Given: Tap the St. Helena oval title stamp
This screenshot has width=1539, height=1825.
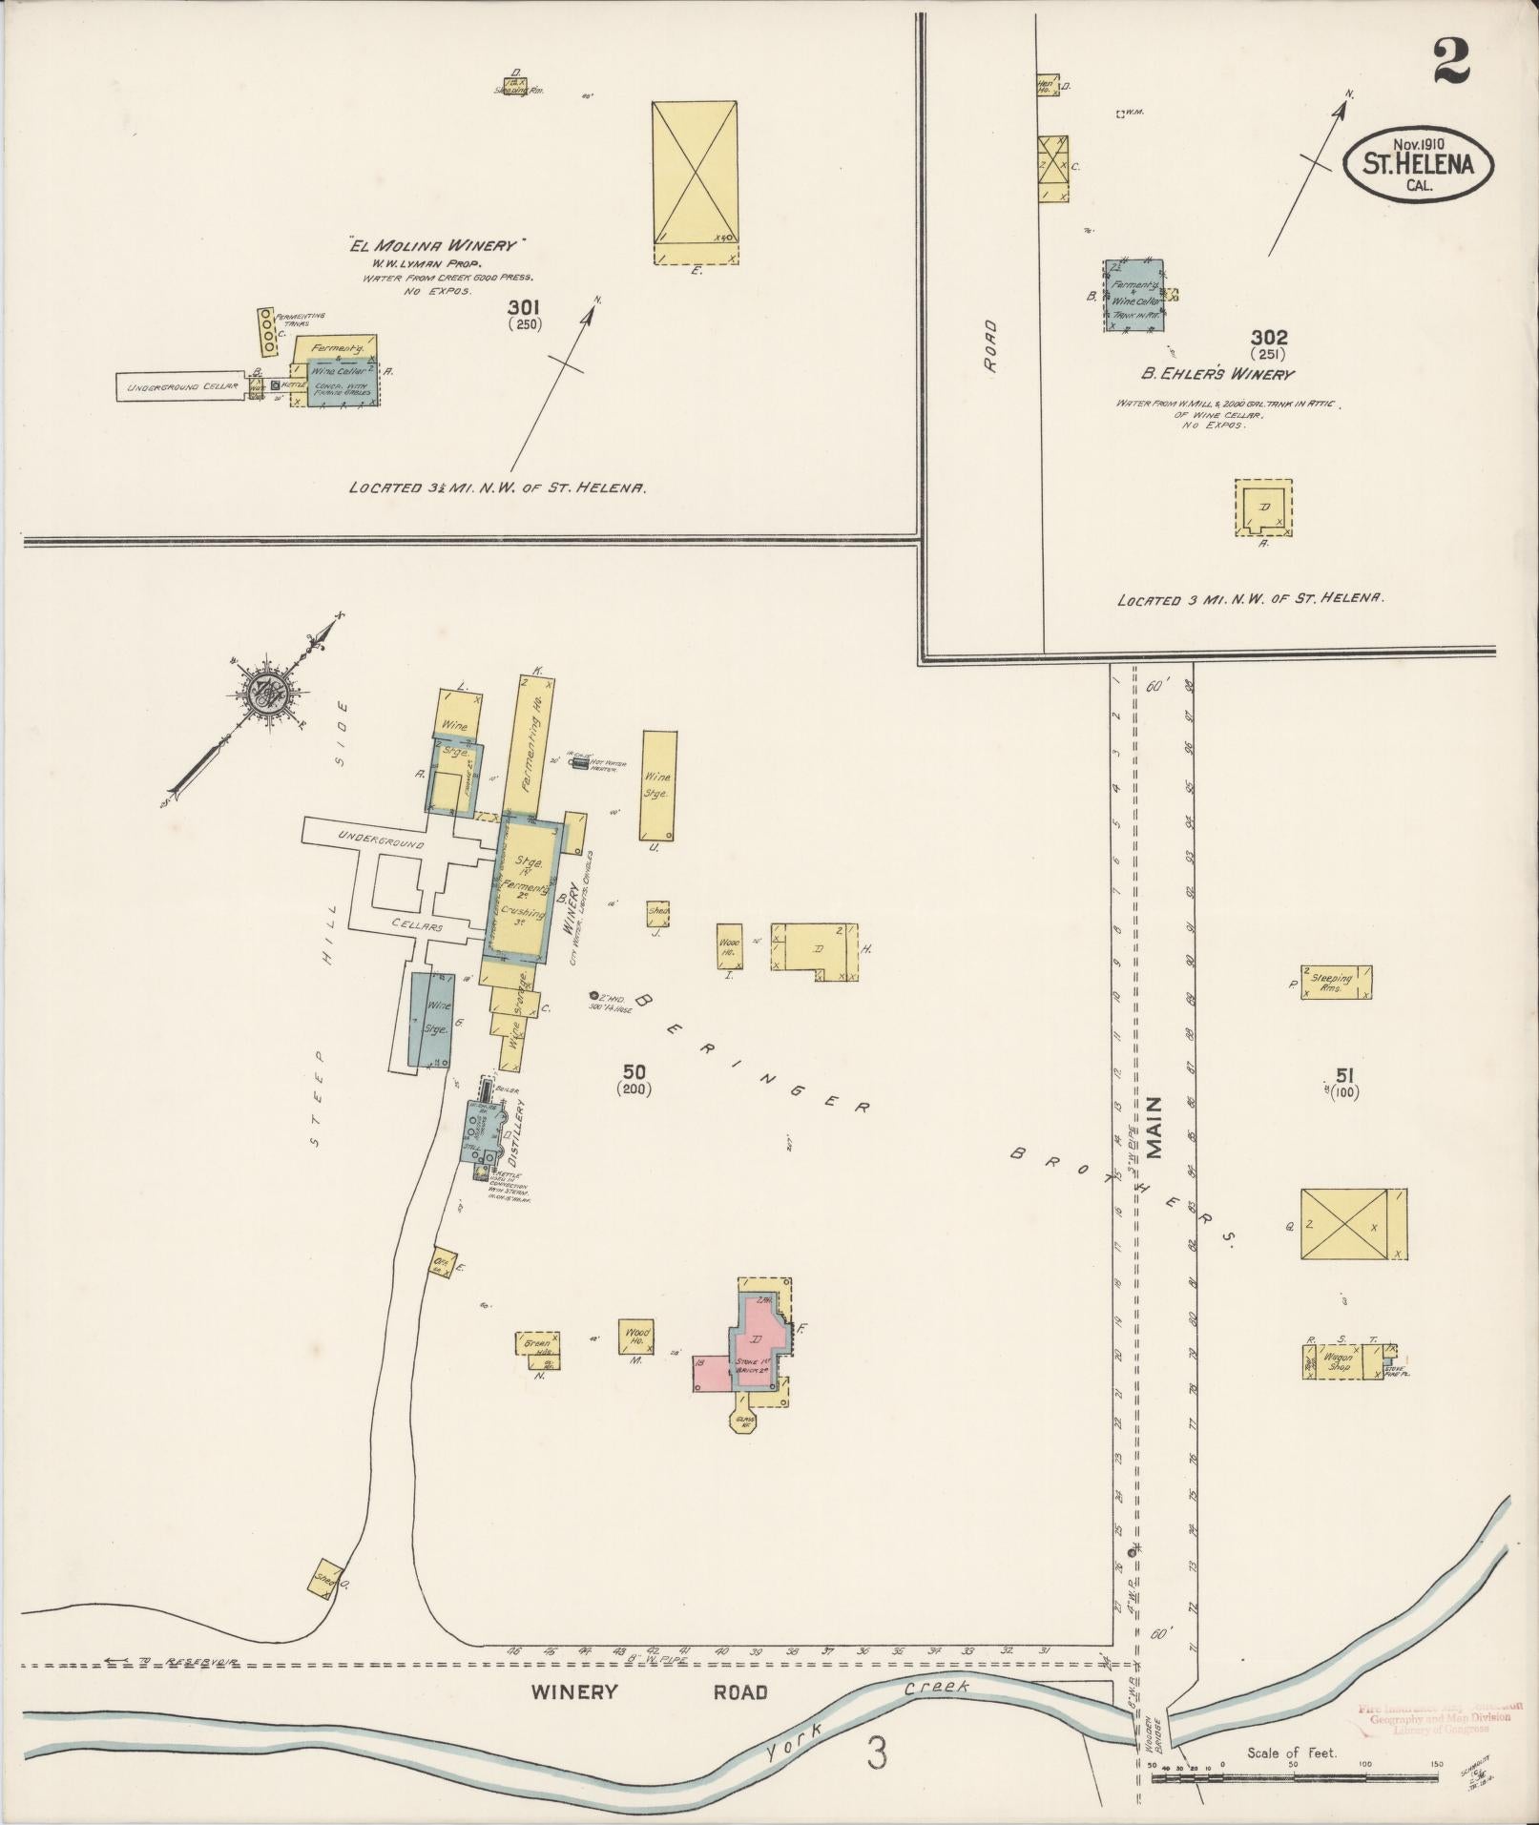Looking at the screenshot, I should tap(1418, 164).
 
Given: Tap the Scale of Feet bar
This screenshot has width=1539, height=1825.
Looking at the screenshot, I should tap(1295, 1776).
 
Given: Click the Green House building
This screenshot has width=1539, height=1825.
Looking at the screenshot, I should tap(537, 1345).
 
